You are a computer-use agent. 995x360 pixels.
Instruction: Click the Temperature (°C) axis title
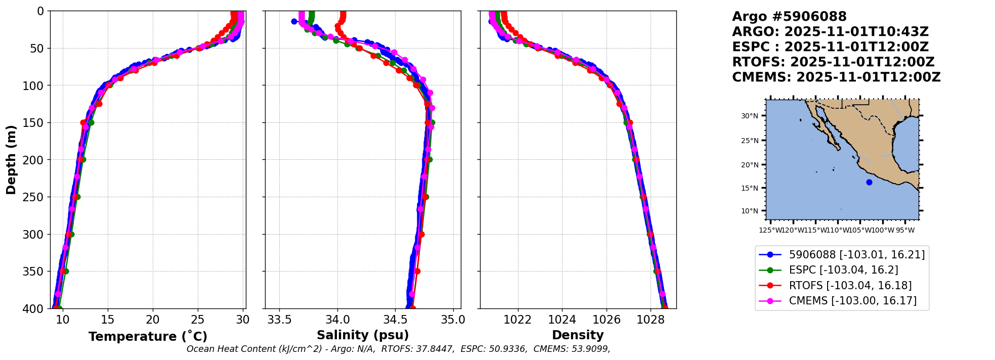point(148,337)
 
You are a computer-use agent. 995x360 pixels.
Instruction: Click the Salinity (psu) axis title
point(363,335)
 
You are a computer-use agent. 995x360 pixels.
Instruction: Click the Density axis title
point(578,335)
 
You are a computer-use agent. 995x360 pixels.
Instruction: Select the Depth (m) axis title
point(11,160)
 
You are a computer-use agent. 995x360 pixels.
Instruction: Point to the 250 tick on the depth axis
point(34,197)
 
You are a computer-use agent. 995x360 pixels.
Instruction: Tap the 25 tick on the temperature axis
point(198,320)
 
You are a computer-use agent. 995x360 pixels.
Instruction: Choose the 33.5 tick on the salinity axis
point(279,320)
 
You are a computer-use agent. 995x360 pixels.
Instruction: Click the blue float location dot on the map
point(869,182)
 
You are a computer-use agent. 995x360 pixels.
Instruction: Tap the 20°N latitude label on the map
point(750,165)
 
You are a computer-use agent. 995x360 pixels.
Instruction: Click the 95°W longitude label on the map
point(905,231)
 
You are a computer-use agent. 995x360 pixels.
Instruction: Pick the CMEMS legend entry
point(845,301)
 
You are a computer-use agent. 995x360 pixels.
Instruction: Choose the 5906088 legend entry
point(849,255)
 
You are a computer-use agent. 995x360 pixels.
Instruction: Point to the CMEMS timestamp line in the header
point(836,77)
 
